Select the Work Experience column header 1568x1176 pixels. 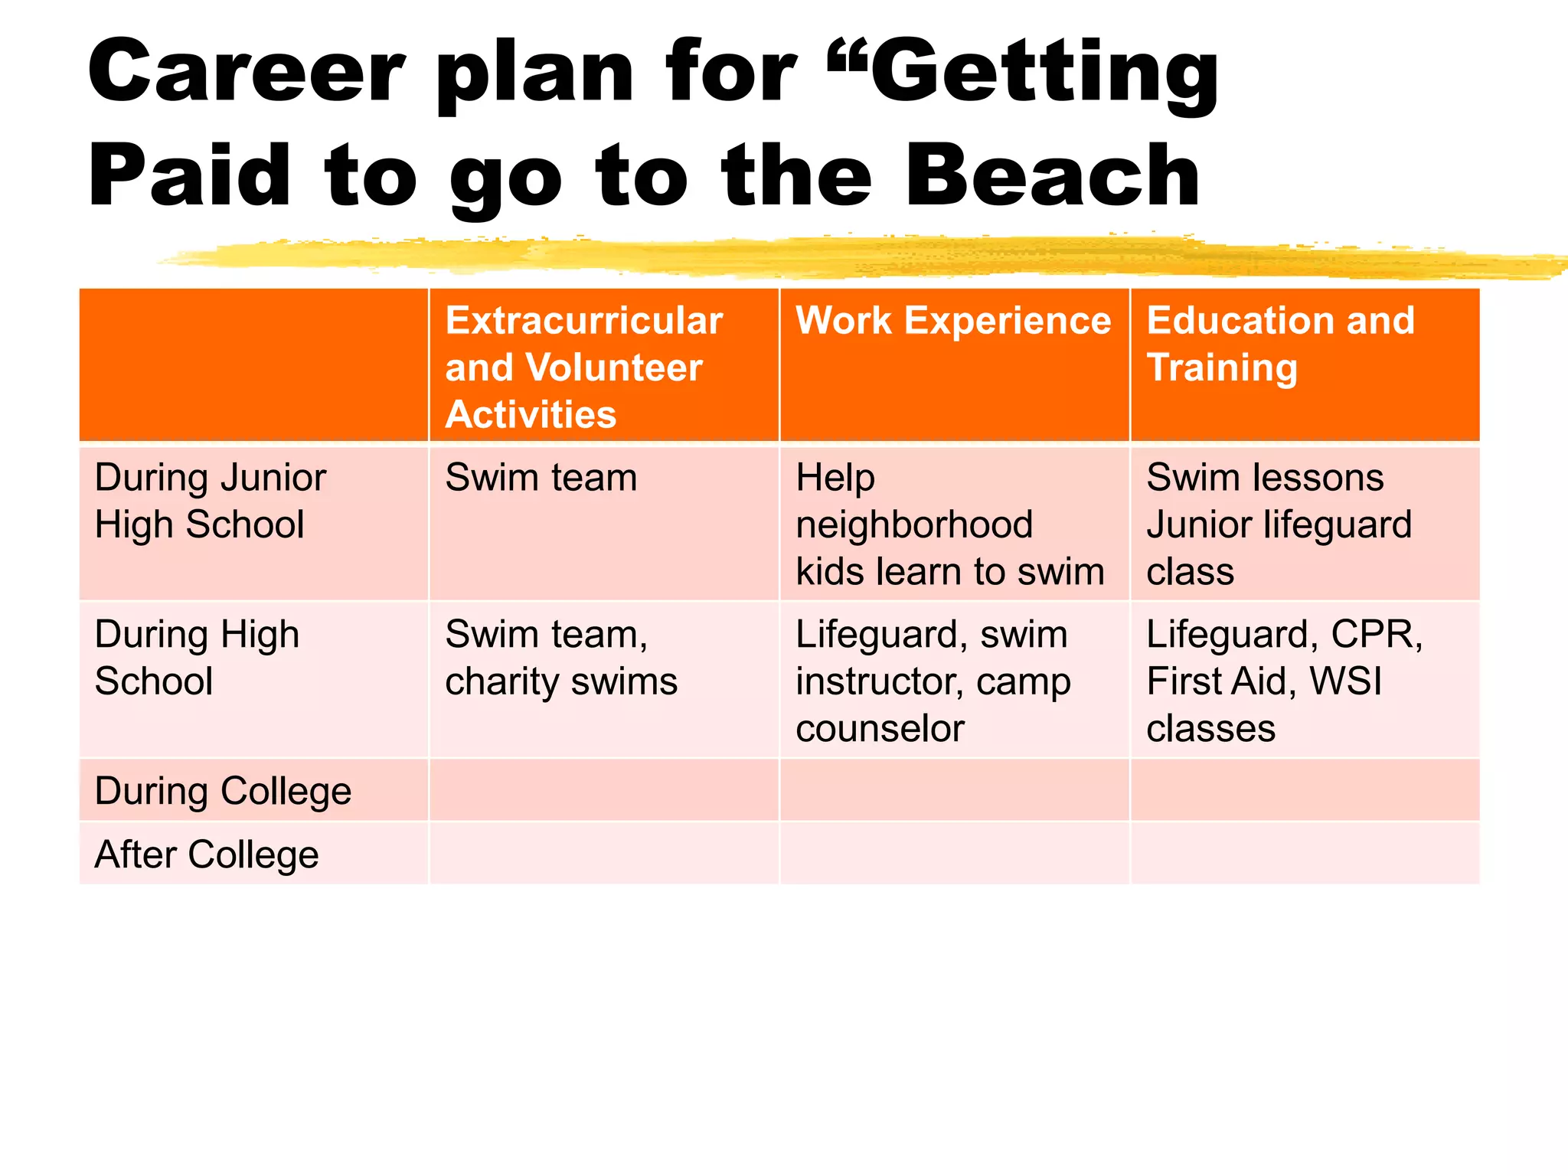point(953,321)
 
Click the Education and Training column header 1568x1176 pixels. point(1280,344)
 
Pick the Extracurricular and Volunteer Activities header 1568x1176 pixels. point(583,367)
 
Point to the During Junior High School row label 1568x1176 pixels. point(211,501)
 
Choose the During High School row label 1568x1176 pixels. point(197,658)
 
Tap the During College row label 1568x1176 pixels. point(223,791)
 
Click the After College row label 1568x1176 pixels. point(207,854)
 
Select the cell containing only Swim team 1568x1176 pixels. point(541,478)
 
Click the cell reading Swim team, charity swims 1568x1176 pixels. point(561,658)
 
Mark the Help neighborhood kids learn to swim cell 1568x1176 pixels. point(950,524)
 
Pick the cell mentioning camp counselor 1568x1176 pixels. point(933,681)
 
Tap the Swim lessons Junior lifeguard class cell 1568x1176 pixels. point(1279,524)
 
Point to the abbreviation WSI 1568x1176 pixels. point(1345,681)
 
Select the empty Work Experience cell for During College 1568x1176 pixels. point(954,791)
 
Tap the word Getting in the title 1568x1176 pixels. point(1044,73)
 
